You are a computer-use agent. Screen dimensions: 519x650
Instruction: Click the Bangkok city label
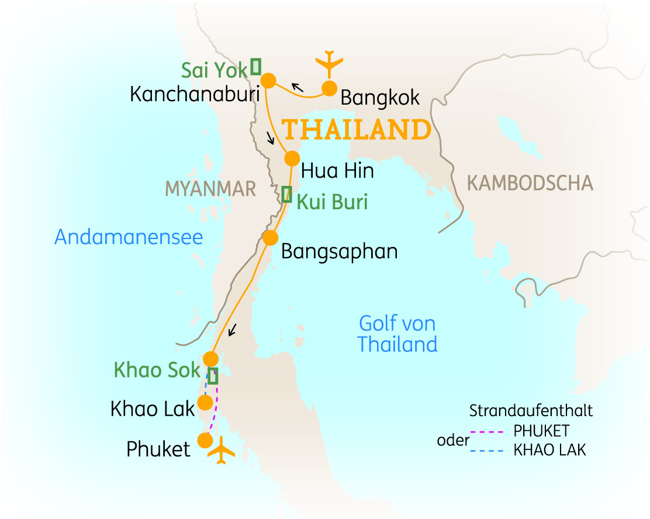click(380, 98)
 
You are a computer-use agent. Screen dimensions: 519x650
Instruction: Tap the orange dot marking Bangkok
click(330, 88)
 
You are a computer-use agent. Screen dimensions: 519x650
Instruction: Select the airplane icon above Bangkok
click(330, 63)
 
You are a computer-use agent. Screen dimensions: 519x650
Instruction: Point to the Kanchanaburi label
click(195, 94)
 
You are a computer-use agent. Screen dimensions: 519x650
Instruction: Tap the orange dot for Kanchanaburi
click(268, 80)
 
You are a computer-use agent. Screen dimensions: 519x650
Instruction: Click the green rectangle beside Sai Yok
click(255, 67)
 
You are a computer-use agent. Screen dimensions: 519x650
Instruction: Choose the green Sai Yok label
click(214, 71)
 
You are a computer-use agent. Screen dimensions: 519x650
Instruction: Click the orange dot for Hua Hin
click(292, 158)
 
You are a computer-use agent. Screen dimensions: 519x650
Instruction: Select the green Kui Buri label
click(332, 202)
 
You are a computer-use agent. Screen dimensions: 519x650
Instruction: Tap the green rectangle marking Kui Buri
click(286, 194)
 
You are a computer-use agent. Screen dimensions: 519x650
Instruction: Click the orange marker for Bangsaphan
click(270, 238)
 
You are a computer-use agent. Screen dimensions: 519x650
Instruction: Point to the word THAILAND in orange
click(357, 130)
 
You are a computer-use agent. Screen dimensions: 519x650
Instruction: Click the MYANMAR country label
click(210, 189)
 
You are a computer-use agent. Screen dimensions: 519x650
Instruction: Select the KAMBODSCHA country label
click(530, 184)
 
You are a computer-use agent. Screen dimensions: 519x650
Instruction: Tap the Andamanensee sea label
click(129, 237)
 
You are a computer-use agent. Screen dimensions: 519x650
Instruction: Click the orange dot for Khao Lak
click(205, 402)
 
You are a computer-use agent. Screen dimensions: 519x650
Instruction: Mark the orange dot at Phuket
click(205, 440)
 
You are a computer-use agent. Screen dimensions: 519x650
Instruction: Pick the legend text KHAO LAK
click(549, 450)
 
